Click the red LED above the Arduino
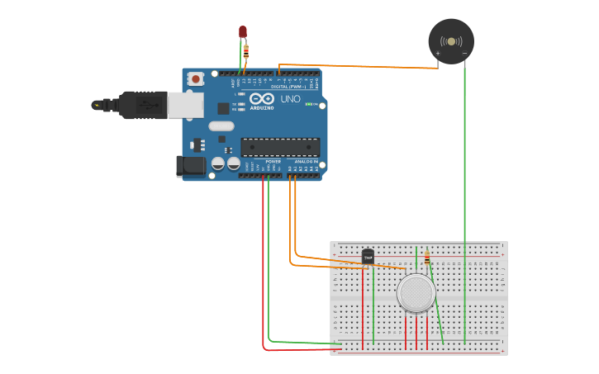click(243, 31)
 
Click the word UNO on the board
click(291, 99)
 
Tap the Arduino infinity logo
click(262, 98)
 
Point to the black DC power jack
click(192, 166)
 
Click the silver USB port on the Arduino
click(186, 104)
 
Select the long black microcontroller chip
click(280, 147)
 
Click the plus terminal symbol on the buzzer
click(438, 54)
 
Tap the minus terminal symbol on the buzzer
click(464, 54)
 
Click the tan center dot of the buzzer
click(451, 40)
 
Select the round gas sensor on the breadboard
click(416, 293)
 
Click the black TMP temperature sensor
click(368, 257)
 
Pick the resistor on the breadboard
click(426, 259)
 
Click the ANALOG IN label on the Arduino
click(306, 161)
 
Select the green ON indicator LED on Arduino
click(309, 104)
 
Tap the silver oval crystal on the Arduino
click(221, 126)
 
